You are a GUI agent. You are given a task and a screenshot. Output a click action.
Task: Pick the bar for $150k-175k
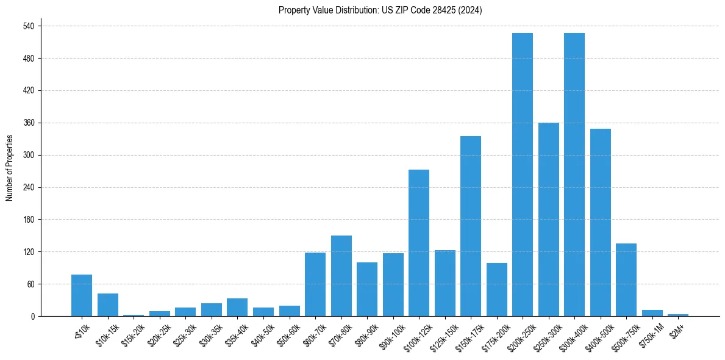coord(471,226)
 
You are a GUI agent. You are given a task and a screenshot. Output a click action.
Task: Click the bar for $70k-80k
coord(341,276)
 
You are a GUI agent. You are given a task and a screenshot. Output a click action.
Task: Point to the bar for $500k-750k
coord(626,279)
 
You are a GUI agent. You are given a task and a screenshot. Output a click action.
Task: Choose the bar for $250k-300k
coord(549,220)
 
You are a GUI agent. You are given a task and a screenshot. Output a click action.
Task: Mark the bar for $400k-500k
coord(601,223)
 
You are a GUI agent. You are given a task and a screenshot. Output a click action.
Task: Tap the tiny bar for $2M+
coord(678,315)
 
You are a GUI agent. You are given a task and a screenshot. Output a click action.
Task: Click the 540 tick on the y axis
coord(29,26)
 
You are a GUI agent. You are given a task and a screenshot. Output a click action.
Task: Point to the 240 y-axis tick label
coord(29,187)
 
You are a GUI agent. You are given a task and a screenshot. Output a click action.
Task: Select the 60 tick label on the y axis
coord(30,284)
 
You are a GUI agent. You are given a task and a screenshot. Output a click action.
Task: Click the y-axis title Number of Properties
coord(9,168)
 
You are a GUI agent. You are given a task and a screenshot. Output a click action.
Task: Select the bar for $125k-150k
coord(445,283)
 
